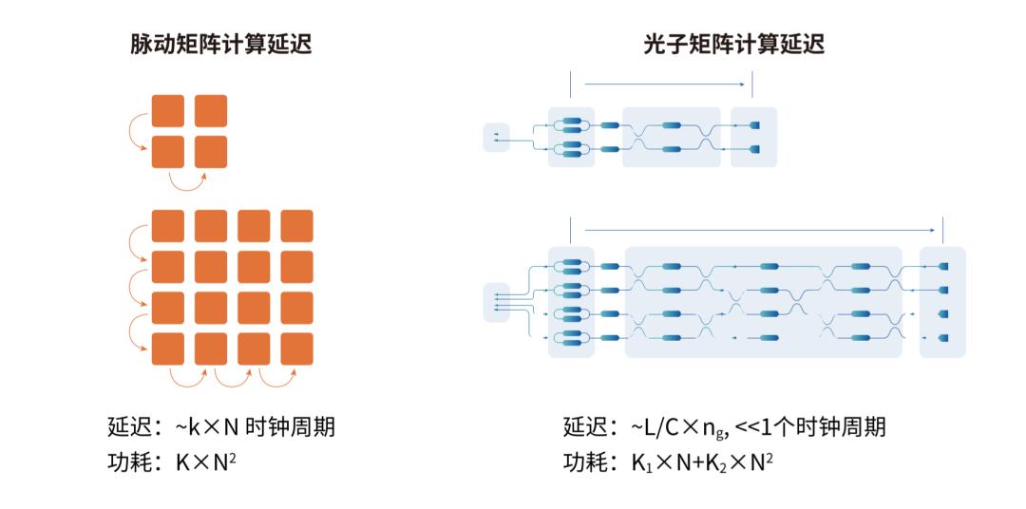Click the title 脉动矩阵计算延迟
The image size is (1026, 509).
tap(221, 44)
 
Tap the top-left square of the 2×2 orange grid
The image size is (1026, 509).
tap(168, 110)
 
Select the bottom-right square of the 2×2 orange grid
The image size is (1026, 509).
tap(211, 152)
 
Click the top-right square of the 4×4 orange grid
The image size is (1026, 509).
tap(296, 226)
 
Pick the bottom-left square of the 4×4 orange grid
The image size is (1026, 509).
tap(168, 349)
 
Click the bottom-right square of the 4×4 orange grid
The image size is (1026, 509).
tap(296, 349)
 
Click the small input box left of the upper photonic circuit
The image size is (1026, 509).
tap(496, 137)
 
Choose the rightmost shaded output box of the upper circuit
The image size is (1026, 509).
tap(754, 137)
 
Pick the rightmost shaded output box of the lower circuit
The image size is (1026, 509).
tap(942, 301)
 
